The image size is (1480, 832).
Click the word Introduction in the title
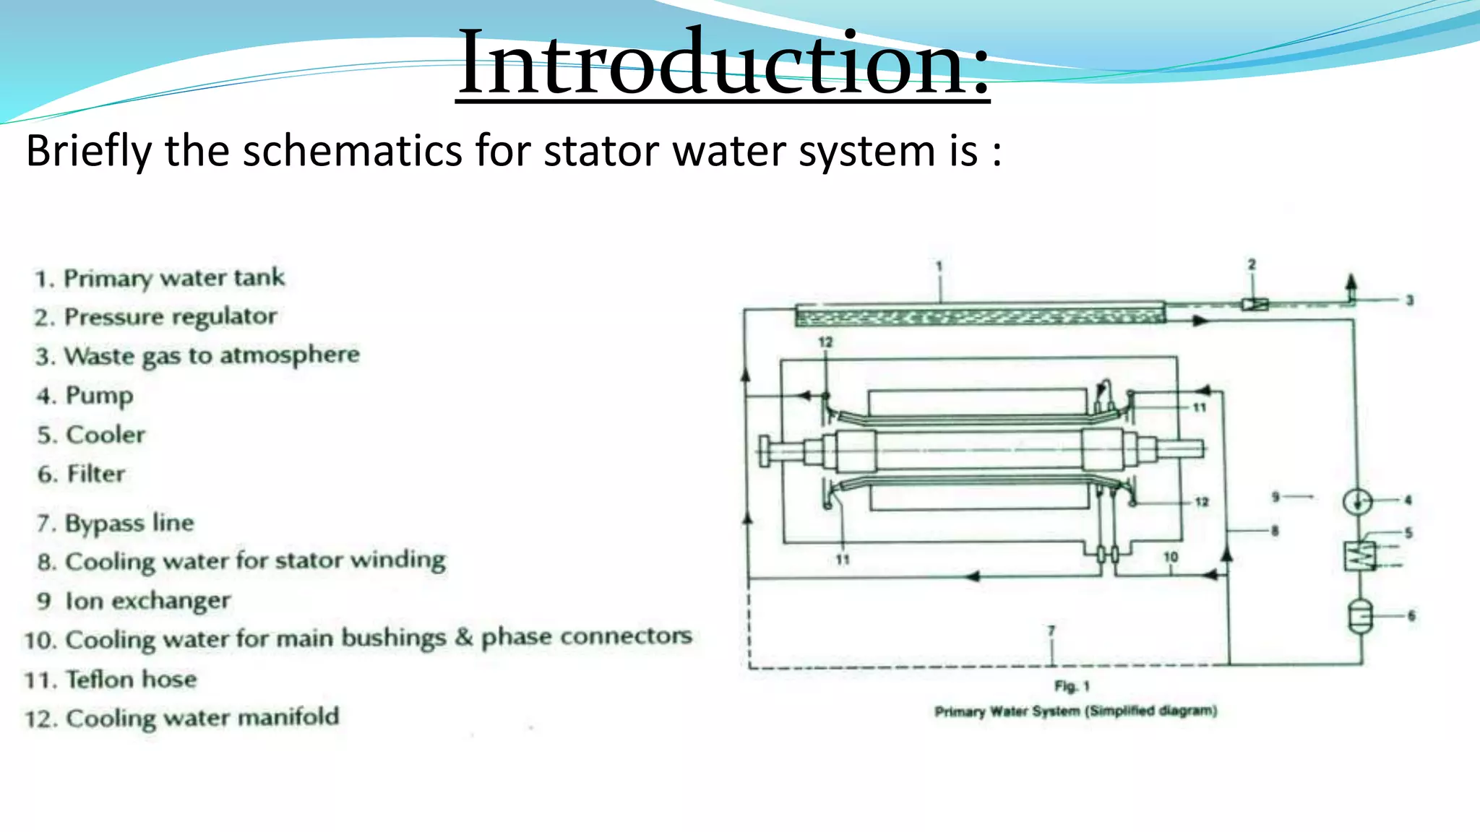[x=723, y=64]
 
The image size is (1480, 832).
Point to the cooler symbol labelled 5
[x=1359, y=555]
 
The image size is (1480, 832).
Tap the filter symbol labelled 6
[x=1360, y=616]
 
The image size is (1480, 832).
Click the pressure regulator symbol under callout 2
[x=1255, y=304]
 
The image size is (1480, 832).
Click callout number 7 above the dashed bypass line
[x=1051, y=630]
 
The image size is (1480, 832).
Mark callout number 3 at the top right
[x=1409, y=300]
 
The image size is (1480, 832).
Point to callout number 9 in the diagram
[x=1275, y=497]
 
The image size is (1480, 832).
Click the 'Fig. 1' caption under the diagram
[x=1072, y=686]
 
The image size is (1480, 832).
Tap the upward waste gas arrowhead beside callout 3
[x=1351, y=282]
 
